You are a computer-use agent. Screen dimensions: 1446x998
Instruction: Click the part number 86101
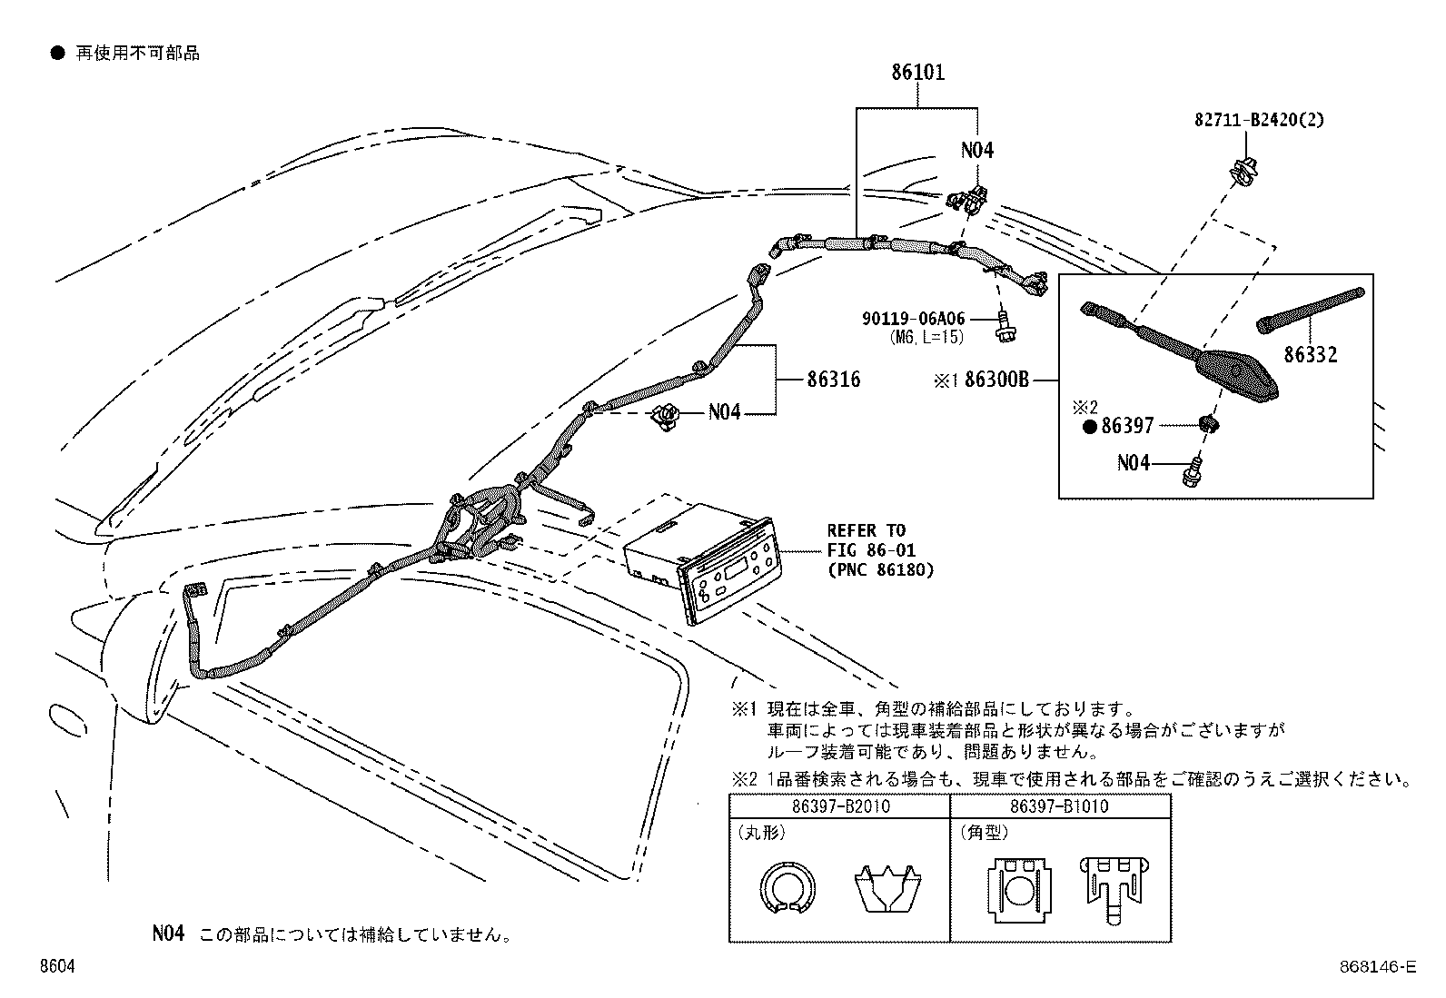tap(918, 72)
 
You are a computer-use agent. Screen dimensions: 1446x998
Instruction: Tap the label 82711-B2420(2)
tap(1259, 120)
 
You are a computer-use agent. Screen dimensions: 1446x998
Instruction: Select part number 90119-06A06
tap(914, 318)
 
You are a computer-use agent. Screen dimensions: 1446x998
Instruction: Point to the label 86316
tap(834, 380)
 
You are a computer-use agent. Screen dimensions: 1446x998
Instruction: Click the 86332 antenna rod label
tap(1311, 354)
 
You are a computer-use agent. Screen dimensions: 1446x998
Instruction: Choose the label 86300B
tap(996, 380)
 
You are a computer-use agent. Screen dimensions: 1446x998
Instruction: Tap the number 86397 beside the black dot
tap(1127, 426)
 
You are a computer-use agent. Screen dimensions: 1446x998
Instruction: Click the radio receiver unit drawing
tap(703, 563)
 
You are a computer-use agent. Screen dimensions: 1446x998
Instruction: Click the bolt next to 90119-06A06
tap(1005, 327)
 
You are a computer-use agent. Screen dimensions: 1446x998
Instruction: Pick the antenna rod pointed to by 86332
tap(1311, 310)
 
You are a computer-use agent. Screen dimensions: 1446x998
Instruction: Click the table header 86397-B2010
tap(841, 806)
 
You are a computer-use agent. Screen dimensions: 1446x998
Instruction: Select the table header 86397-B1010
tap(1059, 806)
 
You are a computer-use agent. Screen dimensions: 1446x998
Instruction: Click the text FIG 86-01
tap(871, 550)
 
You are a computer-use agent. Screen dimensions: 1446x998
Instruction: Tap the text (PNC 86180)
tap(881, 570)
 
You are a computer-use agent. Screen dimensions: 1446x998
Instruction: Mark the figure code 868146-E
tap(1378, 966)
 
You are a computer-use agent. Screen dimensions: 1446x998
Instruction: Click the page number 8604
tap(57, 966)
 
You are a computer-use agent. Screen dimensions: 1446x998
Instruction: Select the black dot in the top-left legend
tap(58, 54)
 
